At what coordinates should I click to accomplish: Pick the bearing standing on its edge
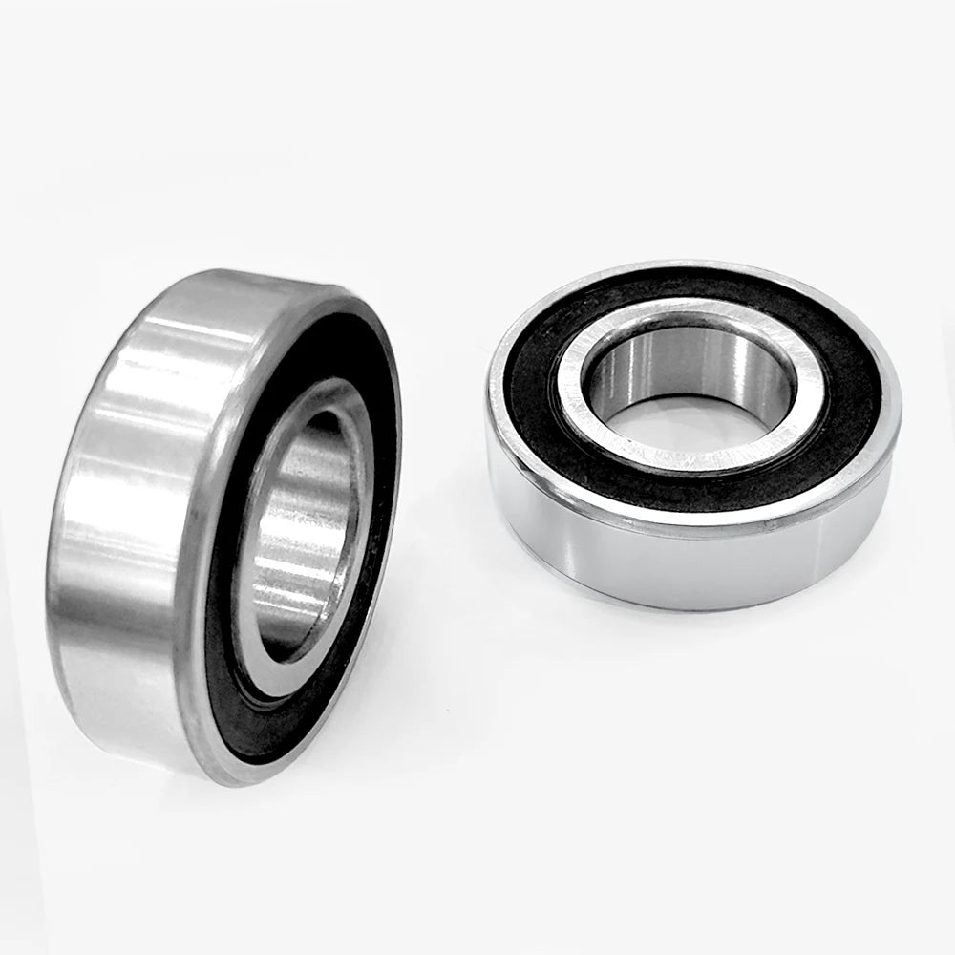220,525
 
